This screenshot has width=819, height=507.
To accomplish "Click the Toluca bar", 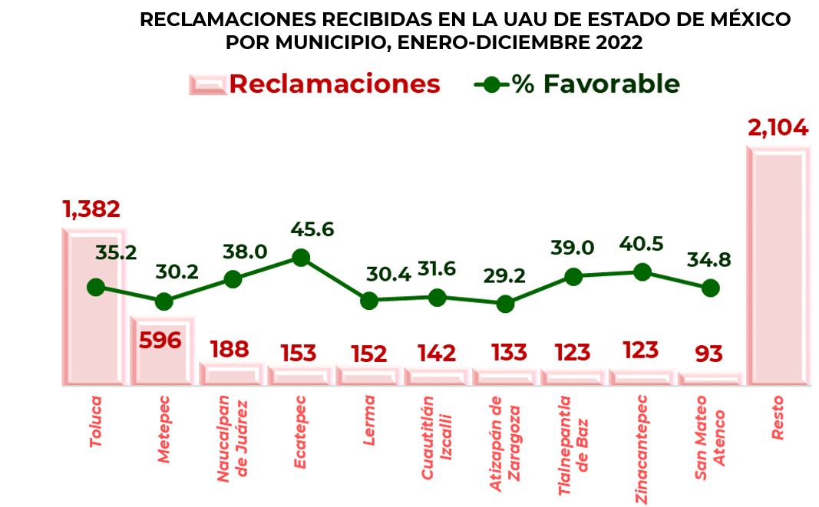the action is [x=94, y=307].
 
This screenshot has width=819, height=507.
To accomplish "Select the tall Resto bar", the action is [x=778, y=266].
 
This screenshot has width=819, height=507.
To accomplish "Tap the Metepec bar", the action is [x=163, y=351].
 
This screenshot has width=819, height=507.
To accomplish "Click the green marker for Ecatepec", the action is [x=301, y=258].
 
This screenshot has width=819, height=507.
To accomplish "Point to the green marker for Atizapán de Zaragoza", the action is [x=505, y=304].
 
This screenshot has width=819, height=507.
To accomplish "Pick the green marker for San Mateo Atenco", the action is [x=710, y=288].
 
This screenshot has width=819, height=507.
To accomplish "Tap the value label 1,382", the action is [x=91, y=209].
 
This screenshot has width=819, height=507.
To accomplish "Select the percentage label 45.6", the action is [x=312, y=229].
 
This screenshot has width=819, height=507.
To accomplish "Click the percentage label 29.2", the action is [x=504, y=275].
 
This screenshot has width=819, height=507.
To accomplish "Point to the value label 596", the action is [x=160, y=341].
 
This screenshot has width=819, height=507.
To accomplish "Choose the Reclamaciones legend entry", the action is [x=315, y=84].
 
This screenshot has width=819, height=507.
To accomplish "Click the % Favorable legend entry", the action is [x=576, y=84].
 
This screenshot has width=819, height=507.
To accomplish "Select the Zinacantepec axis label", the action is [x=642, y=449].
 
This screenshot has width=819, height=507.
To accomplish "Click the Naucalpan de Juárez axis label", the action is [x=231, y=439].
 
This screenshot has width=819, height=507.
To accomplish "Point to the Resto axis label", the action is [x=778, y=418].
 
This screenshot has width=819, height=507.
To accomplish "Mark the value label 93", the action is [x=708, y=354].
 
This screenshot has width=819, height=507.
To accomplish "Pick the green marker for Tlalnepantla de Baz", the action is [x=573, y=277].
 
